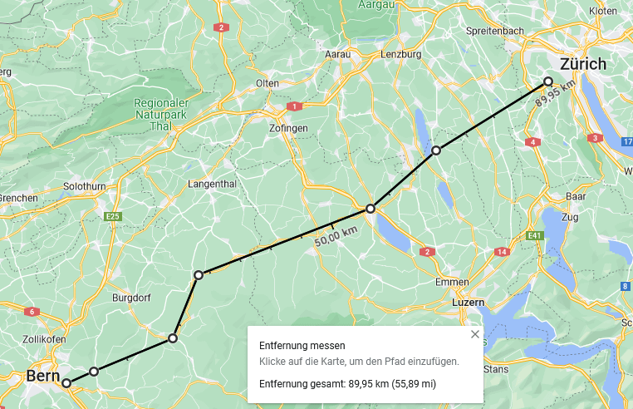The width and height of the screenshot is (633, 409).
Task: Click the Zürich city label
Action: click(583, 64)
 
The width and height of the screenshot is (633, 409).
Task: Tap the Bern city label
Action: click(42, 376)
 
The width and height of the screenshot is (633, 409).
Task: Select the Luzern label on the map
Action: click(468, 303)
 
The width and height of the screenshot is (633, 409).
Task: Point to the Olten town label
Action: click(267, 83)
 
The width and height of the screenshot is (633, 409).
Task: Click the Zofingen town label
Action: click(289, 128)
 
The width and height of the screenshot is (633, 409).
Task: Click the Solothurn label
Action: click(85, 186)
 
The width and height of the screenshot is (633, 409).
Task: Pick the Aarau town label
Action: click(337, 54)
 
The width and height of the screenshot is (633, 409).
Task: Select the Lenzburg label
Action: click(400, 54)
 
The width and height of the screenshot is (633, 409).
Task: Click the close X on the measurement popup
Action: click(475, 334)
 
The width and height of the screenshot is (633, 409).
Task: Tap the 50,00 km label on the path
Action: click(336, 236)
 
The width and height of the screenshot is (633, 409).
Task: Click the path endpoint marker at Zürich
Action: click(548, 81)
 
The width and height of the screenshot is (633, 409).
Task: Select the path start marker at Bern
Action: click(66, 383)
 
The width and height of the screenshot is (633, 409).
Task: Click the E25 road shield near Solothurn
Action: click(114, 217)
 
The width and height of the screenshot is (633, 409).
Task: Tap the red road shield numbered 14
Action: click(502, 252)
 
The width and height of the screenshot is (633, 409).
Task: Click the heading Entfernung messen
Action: click(302, 346)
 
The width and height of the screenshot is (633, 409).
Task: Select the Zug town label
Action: click(569, 217)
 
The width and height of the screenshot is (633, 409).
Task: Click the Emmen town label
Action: click(452, 282)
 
